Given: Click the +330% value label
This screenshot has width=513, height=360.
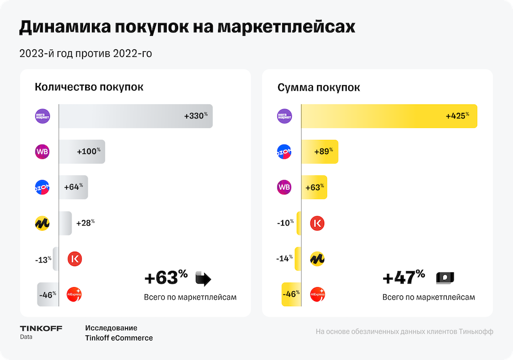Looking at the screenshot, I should pyautogui.click(x=196, y=116).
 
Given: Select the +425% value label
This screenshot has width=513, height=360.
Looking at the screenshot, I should pyautogui.click(x=458, y=116).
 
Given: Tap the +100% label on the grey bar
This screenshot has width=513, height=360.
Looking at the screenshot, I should pyautogui.click(x=88, y=152).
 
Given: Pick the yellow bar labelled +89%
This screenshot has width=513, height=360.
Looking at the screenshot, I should pyautogui.click(x=319, y=152).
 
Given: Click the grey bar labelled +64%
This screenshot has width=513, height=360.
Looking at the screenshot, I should pyautogui.click(x=73, y=187).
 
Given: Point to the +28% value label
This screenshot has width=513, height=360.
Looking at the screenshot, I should pyautogui.click(x=85, y=223).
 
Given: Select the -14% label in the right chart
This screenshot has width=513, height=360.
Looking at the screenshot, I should pyautogui.click(x=284, y=259).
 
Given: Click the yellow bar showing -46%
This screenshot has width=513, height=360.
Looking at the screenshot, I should pyautogui.click(x=291, y=295).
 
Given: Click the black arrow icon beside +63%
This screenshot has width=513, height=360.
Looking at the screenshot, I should pyautogui.click(x=203, y=279).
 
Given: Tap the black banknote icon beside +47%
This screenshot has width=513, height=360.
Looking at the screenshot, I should pyautogui.click(x=445, y=278).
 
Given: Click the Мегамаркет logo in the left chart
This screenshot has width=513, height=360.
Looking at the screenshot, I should pyautogui.click(x=42, y=116).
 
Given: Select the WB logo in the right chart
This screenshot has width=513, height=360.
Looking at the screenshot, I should pyautogui.click(x=284, y=187).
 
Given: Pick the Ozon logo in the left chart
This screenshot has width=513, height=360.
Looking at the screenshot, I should pyautogui.click(x=42, y=187).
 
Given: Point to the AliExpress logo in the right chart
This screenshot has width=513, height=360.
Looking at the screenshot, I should pyautogui.click(x=318, y=295).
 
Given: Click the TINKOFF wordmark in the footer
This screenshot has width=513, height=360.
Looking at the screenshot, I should pyautogui.click(x=41, y=328).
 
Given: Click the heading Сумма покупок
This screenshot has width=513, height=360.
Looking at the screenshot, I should pyautogui.click(x=319, y=88).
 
